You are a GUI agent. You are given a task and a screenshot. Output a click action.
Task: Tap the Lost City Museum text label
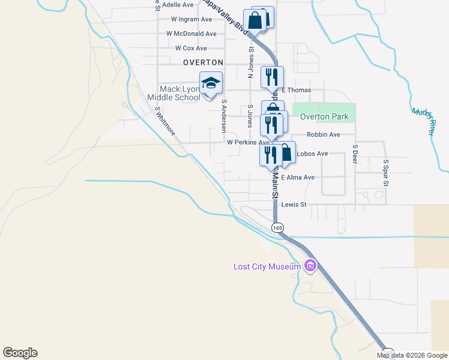point(267,266)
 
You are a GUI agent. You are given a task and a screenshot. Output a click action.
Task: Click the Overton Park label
point(324,116)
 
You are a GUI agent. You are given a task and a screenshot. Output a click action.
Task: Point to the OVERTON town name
point(203,62)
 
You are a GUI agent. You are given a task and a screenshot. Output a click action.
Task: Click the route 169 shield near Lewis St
point(277,227)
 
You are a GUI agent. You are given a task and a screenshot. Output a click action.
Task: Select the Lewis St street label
point(294,205)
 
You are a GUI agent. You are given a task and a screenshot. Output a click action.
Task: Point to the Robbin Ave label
point(323,135)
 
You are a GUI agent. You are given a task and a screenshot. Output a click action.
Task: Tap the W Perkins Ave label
point(247,143)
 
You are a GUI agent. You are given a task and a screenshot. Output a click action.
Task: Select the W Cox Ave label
point(191,48)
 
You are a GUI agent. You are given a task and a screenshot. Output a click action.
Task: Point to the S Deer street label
point(355,154)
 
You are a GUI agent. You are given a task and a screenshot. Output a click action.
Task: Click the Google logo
point(20,353)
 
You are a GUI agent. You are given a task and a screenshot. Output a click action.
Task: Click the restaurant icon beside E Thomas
point(272,76)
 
